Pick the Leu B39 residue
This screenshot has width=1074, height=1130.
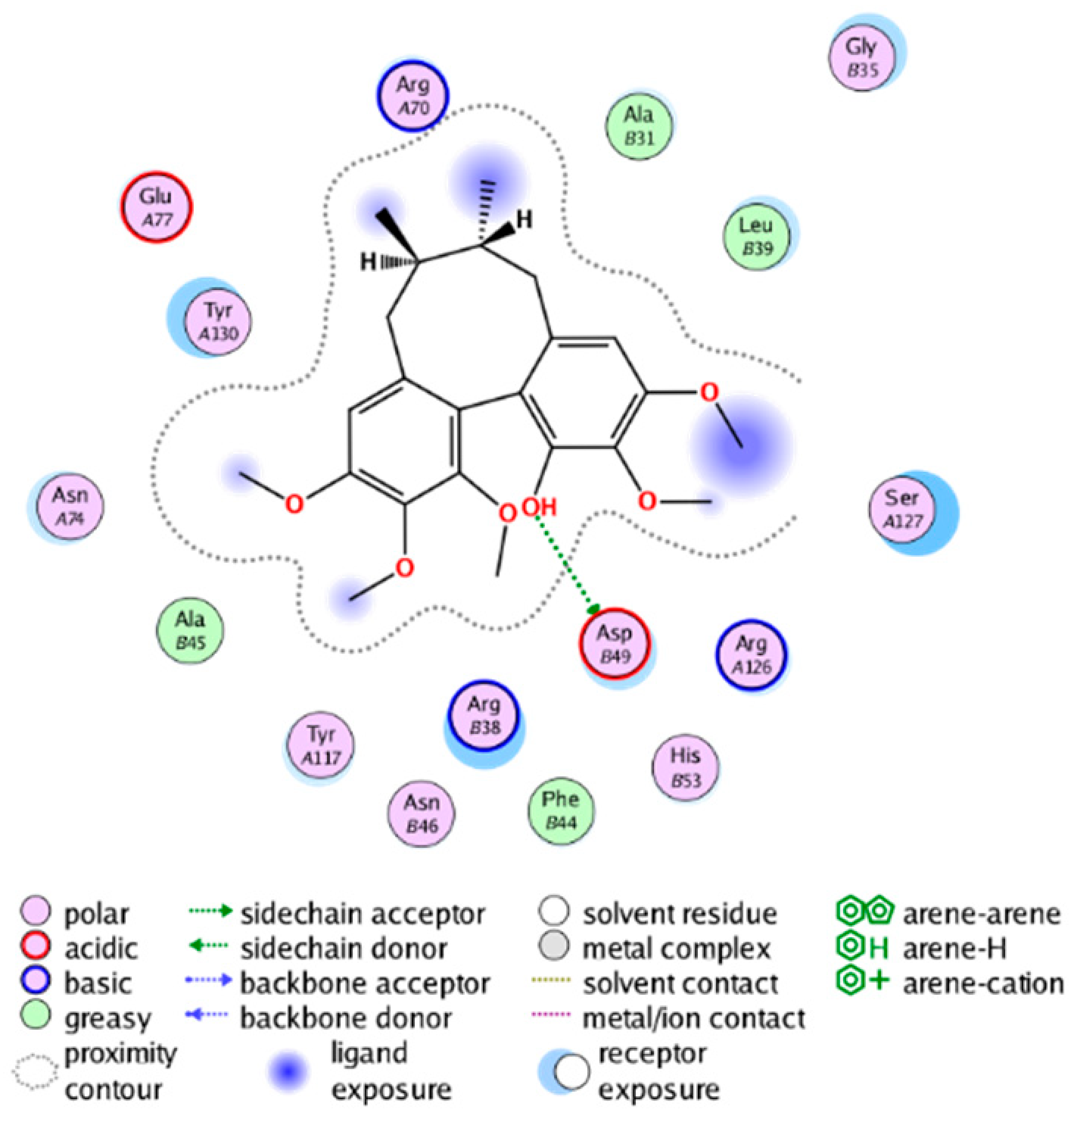(x=756, y=236)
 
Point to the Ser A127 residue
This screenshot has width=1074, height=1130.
(x=902, y=509)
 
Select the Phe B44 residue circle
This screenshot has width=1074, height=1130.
(x=560, y=810)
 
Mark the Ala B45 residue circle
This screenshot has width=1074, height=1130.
(x=190, y=630)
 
